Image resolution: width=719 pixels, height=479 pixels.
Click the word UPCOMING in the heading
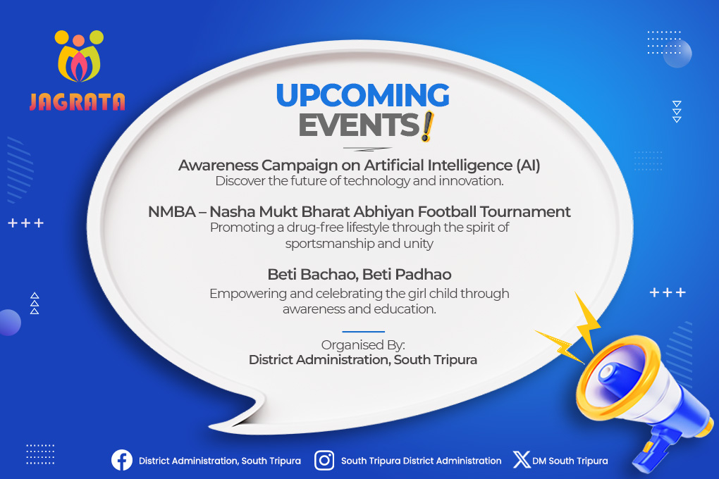(x=363, y=95)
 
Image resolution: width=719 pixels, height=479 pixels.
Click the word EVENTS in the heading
(x=359, y=125)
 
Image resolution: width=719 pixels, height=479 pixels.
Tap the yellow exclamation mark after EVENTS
(x=427, y=127)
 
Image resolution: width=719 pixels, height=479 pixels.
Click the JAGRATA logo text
(x=77, y=101)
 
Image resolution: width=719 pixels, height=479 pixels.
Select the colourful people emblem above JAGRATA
(x=79, y=56)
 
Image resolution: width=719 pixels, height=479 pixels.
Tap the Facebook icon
(x=122, y=460)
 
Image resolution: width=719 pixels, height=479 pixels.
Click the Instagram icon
(x=324, y=460)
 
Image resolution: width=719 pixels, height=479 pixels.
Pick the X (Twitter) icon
(x=522, y=460)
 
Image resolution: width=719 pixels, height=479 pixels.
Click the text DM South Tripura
(x=570, y=461)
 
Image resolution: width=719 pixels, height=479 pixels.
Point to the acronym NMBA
(x=172, y=212)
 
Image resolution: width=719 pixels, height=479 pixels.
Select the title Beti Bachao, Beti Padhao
(x=359, y=275)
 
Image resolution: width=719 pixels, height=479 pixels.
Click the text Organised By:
(x=363, y=344)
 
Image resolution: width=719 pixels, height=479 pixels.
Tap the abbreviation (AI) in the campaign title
(x=528, y=165)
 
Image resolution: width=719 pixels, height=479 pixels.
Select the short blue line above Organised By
(x=363, y=331)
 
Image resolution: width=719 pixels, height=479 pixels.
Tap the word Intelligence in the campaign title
(x=470, y=165)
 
